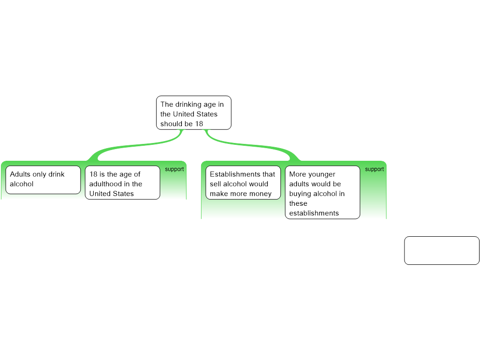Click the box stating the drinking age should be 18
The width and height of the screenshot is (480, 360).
[x=194, y=112]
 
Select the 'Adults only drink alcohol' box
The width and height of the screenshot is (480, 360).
[x=43, y=180]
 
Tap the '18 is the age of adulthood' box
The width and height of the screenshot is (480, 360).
[x=122, y=182]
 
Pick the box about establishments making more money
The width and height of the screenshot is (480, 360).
[x=243, y=182]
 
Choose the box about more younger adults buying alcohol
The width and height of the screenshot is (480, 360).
[x=322, y=192]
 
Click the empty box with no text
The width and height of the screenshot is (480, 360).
[x=442, y=250]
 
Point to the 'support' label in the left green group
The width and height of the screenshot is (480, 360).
[x=174, y=169]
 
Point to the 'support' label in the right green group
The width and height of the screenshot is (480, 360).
[x=375, y=169]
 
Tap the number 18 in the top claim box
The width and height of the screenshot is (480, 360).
[x=199, y=124]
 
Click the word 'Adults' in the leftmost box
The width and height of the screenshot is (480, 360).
[x=20, y=174]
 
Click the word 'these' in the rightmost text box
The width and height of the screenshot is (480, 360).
[x=298, y=203]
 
